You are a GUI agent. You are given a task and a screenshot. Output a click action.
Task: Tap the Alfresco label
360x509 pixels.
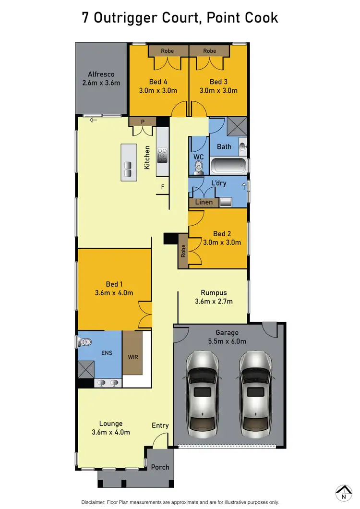point(101,74)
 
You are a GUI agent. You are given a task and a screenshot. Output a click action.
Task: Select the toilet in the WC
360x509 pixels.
point(198,167)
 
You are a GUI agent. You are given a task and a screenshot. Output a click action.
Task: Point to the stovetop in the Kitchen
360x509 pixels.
point(162,155)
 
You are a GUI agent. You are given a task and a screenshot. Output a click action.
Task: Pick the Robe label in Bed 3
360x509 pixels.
point(209,51)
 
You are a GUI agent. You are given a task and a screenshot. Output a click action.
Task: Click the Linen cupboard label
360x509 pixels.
point(204,203)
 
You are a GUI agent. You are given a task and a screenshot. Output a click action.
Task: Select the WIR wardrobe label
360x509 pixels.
point(132,357)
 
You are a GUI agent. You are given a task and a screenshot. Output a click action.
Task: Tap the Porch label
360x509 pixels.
point(160,467)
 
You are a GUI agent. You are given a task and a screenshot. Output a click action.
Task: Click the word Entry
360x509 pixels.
point(160,425)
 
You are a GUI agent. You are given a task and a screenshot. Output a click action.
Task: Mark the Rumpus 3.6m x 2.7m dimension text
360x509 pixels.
point(214,302)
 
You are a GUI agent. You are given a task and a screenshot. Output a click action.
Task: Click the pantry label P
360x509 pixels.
point(143,122)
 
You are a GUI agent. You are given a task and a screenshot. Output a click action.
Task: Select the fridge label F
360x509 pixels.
point(163,186)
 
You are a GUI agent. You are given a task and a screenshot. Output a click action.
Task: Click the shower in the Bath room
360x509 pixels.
point(237,127)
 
